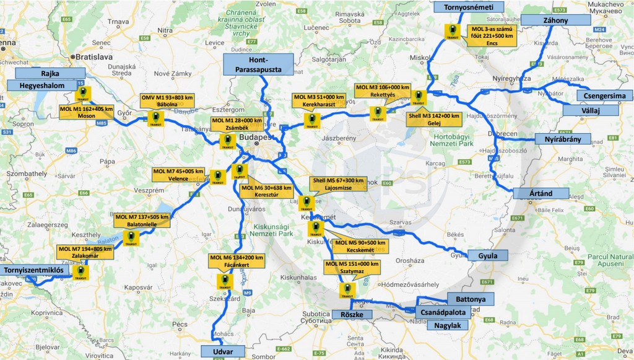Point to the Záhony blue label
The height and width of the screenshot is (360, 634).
(555, 20)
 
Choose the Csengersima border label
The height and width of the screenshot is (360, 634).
(604, 96)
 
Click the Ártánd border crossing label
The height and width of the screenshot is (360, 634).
(541, 193)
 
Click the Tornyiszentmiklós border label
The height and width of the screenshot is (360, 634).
(35, 270)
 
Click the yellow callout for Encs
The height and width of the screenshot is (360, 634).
(492, 36)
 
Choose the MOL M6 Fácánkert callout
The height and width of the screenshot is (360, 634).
(236, 261)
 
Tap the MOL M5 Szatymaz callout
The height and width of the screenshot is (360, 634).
(352, 267)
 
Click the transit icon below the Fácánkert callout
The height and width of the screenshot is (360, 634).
(224, 282)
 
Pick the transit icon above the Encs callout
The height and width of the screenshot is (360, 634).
(453, 32)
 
